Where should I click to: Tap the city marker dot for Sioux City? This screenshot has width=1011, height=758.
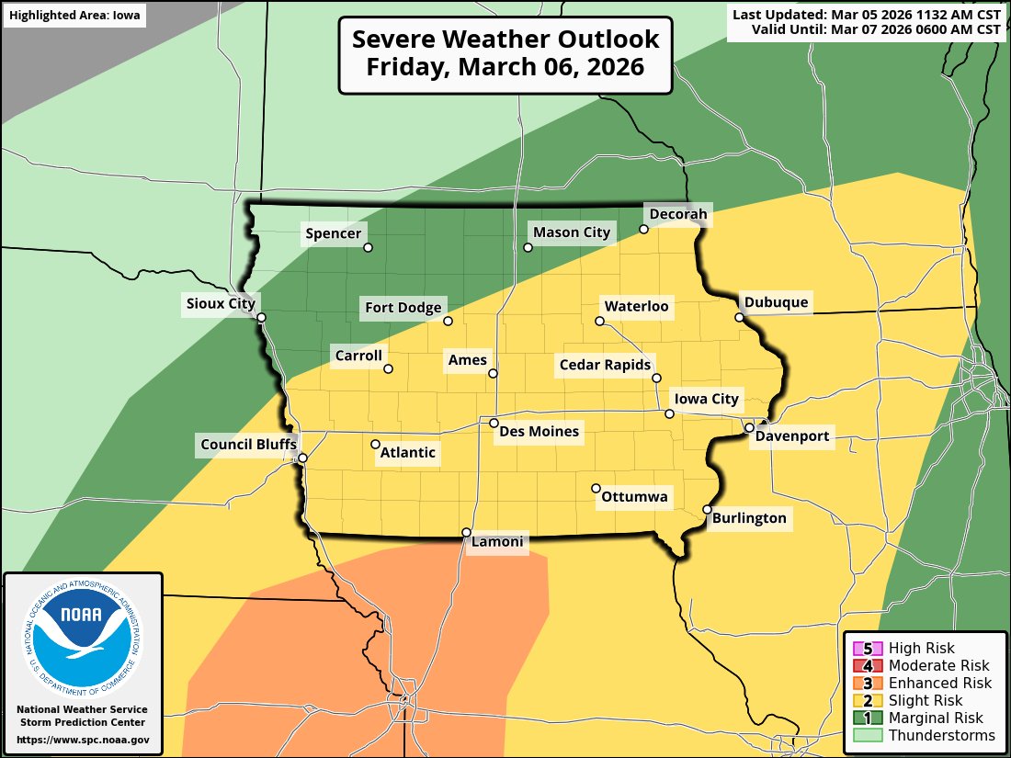click(x=261, y=318)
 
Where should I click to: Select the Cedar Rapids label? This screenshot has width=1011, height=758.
click(x=605, y=365)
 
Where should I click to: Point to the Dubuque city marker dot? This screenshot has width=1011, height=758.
click(x=739, y=318)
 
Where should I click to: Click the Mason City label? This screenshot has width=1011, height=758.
click(x=571, y=232)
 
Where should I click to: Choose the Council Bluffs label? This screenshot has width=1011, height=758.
click(x=248, y=446)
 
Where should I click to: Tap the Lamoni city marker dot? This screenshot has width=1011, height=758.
click(x=466, y=532)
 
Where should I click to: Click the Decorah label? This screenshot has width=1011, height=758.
click(x=678, y=214)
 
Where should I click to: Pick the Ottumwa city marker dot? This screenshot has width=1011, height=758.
click(x=596, y=489)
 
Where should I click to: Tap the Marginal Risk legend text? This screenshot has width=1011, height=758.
click(x=936, y=718)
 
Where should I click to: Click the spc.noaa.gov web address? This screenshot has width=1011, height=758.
click(x=83, y=740)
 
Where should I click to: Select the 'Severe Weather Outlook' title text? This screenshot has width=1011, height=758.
click(x=505, y=40)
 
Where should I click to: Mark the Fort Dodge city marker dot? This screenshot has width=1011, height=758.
click(x=449, y=321)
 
